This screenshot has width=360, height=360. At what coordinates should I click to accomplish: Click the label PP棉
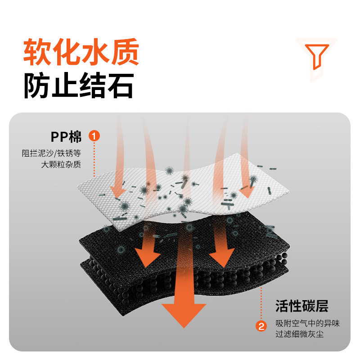[x=67, y=135]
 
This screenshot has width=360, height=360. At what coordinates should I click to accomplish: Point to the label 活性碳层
[x=302, y=307]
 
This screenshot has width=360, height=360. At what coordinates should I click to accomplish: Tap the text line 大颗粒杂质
[x=61, y=165]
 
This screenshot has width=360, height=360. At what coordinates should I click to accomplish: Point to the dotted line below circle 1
[x=94, y=160]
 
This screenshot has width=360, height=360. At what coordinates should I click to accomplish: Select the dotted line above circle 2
[x=261, y=301]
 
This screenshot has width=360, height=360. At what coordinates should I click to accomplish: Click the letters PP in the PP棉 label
[x=59, y=135]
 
